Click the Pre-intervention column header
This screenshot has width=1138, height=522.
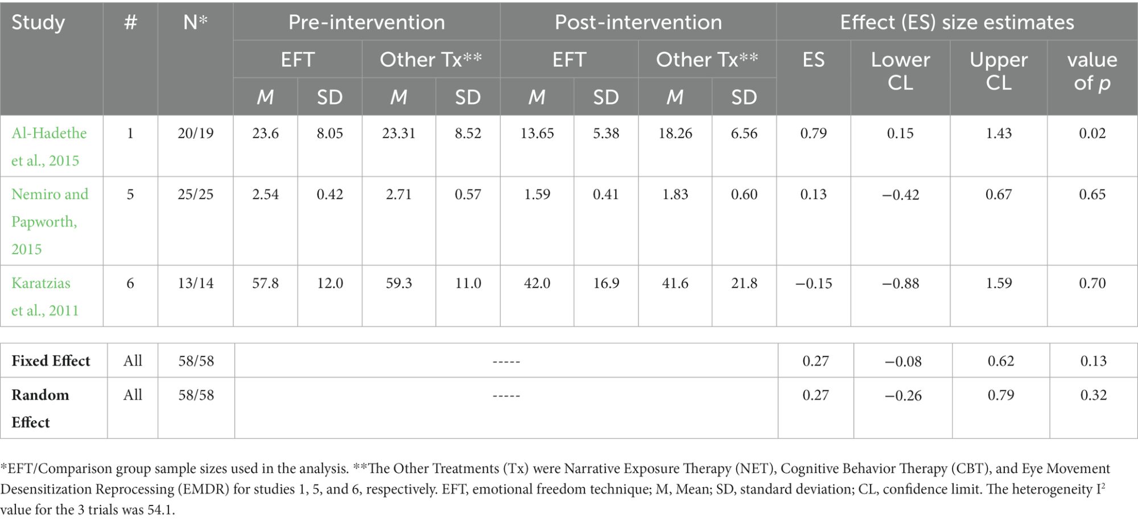(x=366, y=22)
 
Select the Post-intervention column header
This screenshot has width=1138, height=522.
(x=638, y=22)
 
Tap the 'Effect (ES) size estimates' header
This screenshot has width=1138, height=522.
(x=957, y=22)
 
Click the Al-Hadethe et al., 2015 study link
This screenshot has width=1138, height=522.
(x=50, y=147)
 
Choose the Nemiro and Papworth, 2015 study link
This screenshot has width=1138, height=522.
(x=50, y=221)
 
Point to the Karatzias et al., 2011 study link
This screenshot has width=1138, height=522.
(x=45, y=296)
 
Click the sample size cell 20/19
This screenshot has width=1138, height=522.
(x=196, y=133)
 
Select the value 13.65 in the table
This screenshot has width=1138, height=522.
(x=537, y=133)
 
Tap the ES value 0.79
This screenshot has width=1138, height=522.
(x=814, y=133)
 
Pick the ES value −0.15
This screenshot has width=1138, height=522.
(x=814, y=283)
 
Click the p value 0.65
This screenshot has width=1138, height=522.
(x=1092, y=194)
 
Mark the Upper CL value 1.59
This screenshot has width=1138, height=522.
(x=999, y=283)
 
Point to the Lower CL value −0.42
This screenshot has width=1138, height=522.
(x=900, y=194)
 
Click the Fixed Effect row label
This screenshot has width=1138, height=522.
(x=51, y=361)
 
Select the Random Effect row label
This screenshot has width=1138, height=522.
(x=40, y=408)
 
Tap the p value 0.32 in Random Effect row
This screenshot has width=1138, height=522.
(x=1094, y=395)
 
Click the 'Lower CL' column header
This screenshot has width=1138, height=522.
(x=900, y=71)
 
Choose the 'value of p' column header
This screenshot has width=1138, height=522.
(x=1092, y=71)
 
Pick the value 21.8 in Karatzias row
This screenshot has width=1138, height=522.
(x=744, y=283)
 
